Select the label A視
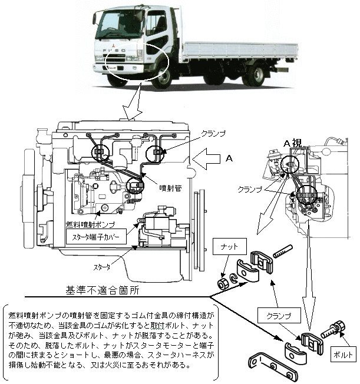(292, 143)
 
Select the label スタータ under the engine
(101, 267)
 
